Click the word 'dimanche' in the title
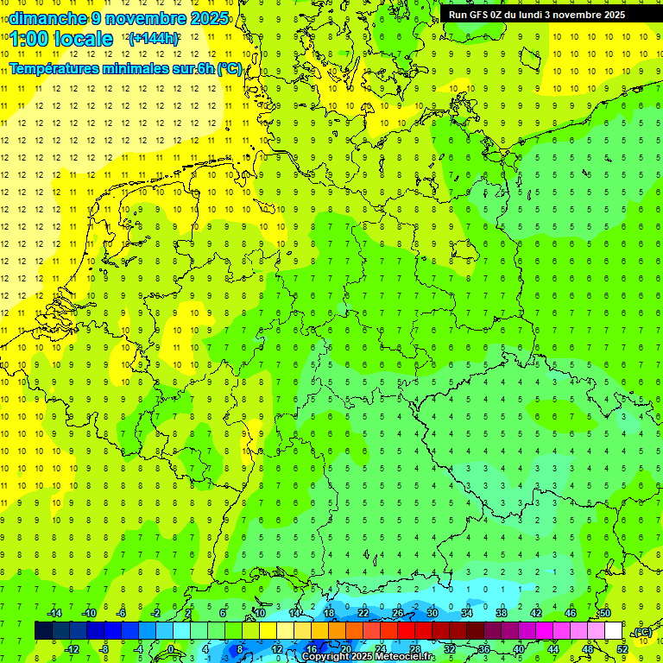(x=47, y=18)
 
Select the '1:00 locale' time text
(x=61, y=39)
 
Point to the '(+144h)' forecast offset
(x=153, y=39)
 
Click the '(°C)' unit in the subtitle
(x=230, y=69)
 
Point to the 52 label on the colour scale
(x=622, y=648)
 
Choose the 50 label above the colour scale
(x=605, y=613)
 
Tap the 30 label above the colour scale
(x=433, y=613)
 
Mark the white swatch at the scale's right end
(x=613, y=631)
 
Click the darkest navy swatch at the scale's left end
(x=43, y=631)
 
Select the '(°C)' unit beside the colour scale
(x=642, y=632)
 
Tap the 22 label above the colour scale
(x=363, y=613)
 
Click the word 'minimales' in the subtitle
(x=137, y=69)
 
